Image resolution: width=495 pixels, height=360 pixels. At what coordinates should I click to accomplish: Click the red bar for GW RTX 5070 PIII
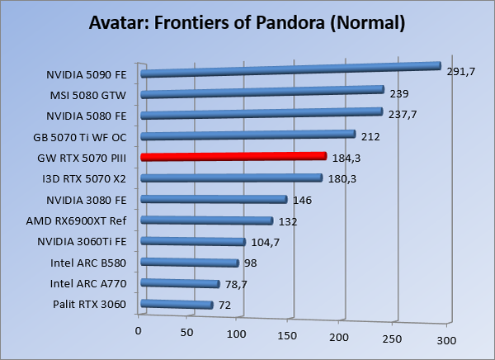coord(233,156)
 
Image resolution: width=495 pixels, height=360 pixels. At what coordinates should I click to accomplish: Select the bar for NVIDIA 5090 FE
coord(291,69)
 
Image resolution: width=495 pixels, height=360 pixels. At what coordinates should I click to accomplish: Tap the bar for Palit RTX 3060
coord(177,306)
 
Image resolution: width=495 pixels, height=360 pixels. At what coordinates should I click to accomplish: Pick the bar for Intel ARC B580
coord(190,263)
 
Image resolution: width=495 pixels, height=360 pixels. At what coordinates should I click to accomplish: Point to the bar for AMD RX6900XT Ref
coord(207,220)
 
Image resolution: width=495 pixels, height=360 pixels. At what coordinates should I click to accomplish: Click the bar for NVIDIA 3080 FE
coord(214,199)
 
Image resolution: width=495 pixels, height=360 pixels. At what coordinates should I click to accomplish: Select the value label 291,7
coord(461,72)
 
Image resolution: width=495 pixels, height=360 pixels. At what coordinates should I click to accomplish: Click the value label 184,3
coord(346,157)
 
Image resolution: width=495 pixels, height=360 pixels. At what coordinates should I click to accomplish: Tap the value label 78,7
coord(238,285)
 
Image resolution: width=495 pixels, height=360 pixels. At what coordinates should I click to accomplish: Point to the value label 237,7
coord(402,115)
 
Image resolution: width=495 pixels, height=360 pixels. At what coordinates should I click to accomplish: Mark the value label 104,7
coord(266,242)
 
